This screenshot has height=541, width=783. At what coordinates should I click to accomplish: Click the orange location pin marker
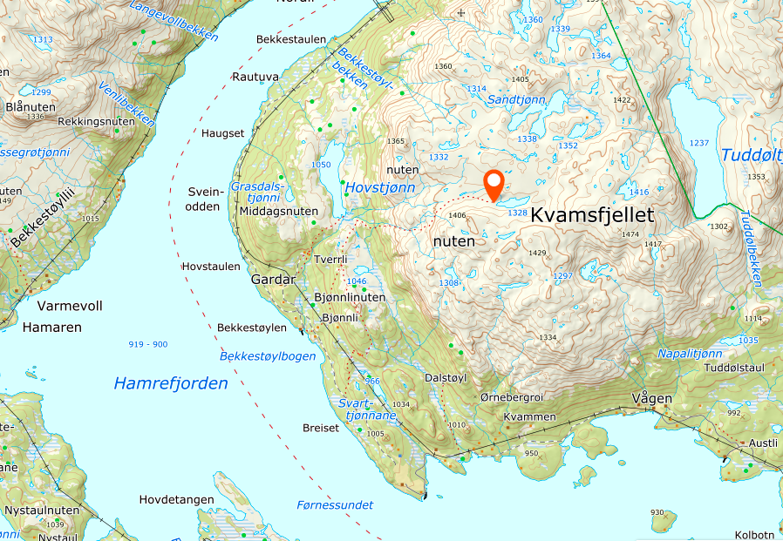coord(494,185)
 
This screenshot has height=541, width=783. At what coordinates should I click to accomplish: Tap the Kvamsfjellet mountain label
coord(592,214)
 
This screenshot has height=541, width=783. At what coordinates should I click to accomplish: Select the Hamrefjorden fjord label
coord(171,383)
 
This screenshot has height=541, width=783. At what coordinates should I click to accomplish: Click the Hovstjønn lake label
coord(379,187)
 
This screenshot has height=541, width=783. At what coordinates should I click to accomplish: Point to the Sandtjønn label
coord(515,100)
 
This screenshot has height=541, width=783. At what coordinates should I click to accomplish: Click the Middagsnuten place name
coord(278,211)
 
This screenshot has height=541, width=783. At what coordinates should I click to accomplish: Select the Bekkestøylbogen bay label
coord(268,356)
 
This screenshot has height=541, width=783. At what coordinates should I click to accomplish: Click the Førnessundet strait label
coord(335,505)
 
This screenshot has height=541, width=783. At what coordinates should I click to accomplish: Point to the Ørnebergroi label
coord(512,397)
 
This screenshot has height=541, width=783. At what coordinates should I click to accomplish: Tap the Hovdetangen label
coord(177,499)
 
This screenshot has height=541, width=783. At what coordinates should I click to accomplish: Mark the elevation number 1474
coord(631,233)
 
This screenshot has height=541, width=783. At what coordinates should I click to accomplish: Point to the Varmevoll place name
coord(71,306)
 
